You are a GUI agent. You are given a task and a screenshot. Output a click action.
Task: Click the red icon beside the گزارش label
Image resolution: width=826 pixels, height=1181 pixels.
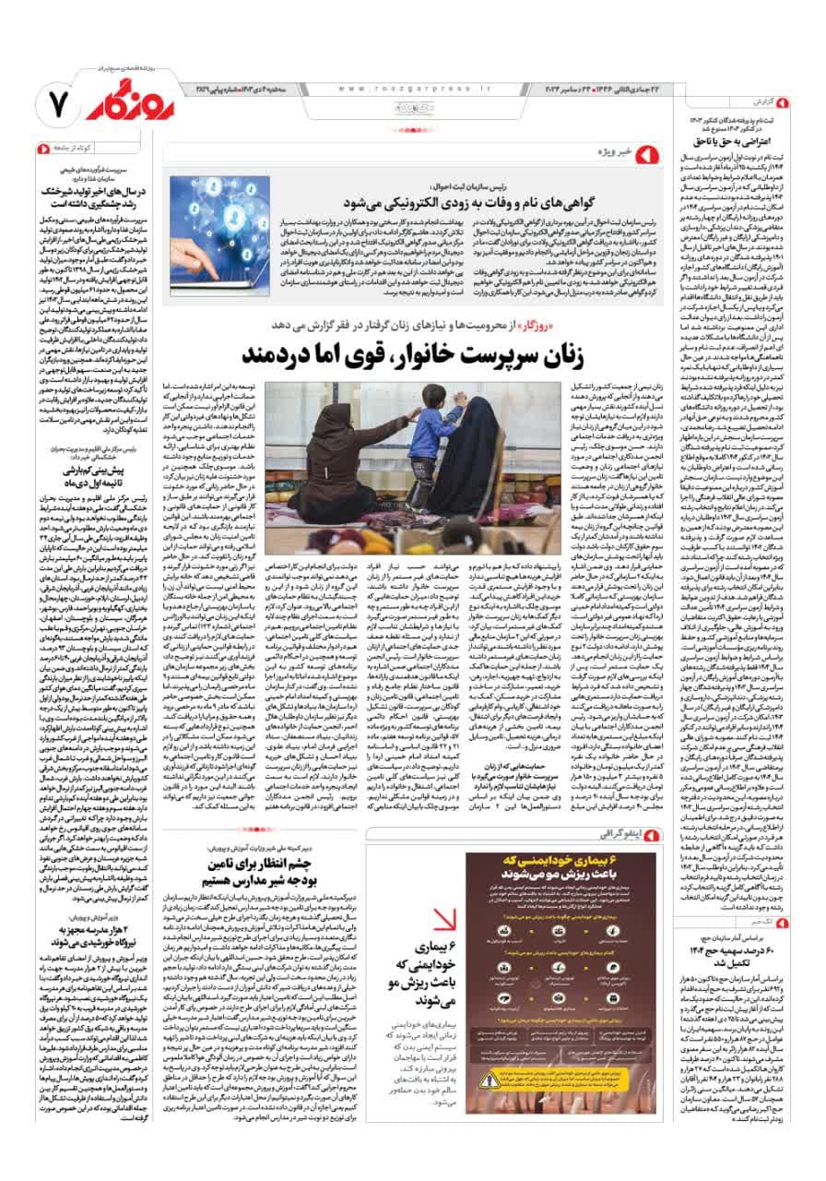(783, 101)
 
